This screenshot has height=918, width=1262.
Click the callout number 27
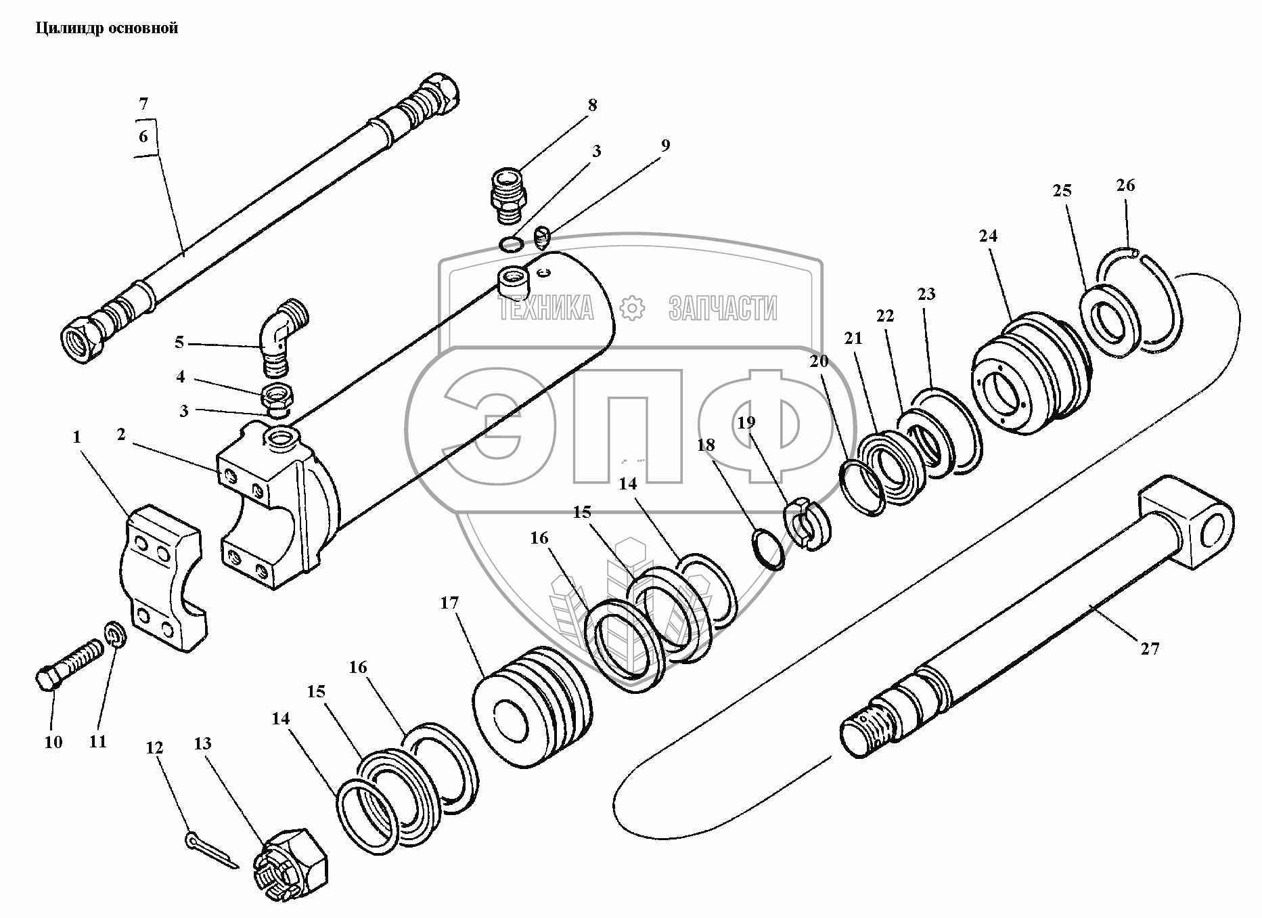pos(1150,649)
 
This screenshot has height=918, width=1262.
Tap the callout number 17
pos(449,603)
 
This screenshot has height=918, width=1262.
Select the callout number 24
pos(988,236)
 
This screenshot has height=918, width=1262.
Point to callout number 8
pos(592,105)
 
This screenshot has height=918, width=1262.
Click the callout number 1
pos(76,437)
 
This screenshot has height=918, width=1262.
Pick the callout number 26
pos(1125,185)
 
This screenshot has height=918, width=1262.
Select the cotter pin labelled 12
pos(209,849)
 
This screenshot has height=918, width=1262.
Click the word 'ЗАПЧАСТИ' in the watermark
pos(722,309)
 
